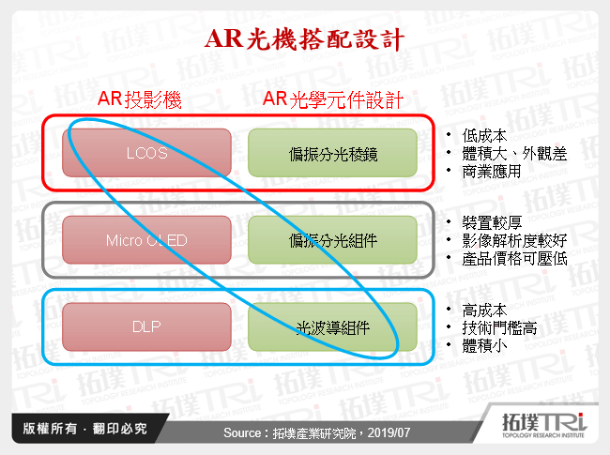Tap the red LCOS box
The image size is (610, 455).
pos(145,153)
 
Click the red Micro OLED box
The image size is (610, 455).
pos(145,240)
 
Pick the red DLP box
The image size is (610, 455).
pos(145,326)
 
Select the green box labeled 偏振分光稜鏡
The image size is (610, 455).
pos(333,153)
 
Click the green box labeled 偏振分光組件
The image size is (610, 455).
pos(333,240)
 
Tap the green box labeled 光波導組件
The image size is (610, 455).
pos(333,326)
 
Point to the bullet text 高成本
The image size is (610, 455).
pos(484,310)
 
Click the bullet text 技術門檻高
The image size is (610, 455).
pos(499,327)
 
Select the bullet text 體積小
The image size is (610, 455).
pos(484,345)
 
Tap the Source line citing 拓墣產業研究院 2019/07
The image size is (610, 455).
pos(305,432)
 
